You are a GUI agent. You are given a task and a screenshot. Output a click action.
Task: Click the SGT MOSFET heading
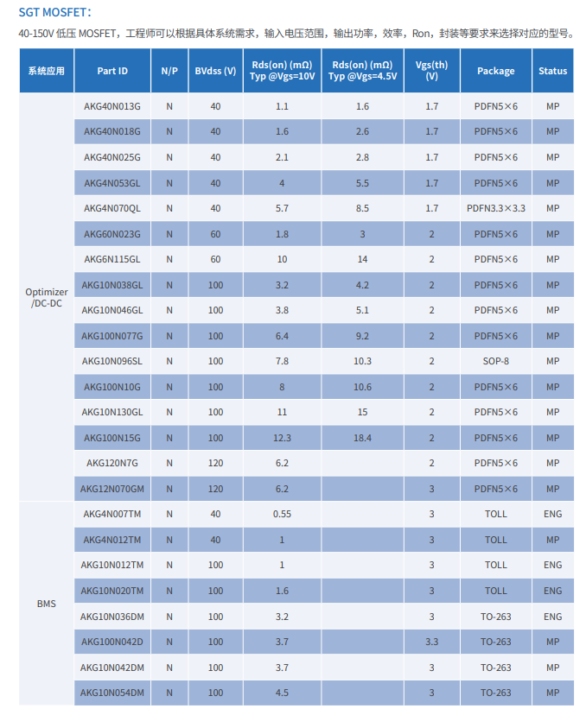tap(54, 12)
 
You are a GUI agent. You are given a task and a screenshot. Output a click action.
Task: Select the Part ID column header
tap(112, 71)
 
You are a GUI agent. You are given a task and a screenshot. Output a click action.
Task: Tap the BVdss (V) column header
tap(215, 71)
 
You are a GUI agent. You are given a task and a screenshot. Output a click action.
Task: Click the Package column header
tap(495, 71)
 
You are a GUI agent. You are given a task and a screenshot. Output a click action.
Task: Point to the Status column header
tap(552, 71)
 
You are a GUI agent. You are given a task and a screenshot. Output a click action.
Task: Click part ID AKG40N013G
tap(112, 106)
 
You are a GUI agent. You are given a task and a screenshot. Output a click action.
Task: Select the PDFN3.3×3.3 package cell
tap(495, 208)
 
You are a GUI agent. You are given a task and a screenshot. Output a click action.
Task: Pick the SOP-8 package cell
tap(495, 361)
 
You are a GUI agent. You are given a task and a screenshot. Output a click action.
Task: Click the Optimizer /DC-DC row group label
tap(47, 298)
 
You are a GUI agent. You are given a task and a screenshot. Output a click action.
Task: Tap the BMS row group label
tap(47, 604)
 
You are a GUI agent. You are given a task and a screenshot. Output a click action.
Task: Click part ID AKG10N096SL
tap(112, 361)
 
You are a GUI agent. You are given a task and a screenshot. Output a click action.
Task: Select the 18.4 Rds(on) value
tap(362, 438)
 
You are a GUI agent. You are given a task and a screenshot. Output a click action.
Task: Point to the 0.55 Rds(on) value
tap(282, 514)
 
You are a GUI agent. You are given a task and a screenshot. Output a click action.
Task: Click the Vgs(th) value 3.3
tap(431, 642)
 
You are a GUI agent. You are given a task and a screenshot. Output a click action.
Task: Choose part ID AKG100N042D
tap(112, 642)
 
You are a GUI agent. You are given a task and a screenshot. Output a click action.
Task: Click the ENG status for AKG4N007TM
tap(552, 514)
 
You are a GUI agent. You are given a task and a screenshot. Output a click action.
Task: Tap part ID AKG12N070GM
tap(112, 489)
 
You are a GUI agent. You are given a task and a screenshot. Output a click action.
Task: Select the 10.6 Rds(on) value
tap(362, 387)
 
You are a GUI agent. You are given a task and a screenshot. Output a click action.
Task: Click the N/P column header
tap(169, 71)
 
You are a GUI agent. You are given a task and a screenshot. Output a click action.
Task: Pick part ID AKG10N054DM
tap(112, 693)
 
